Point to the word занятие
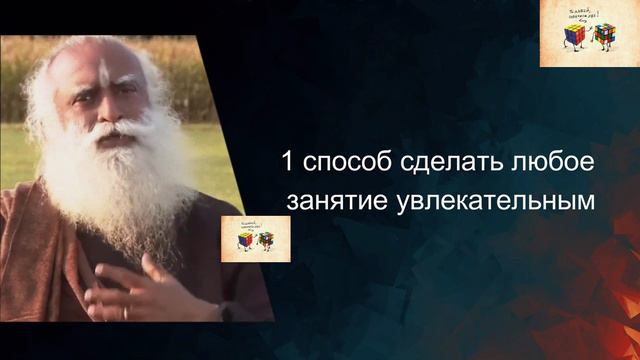coord(330,200)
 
